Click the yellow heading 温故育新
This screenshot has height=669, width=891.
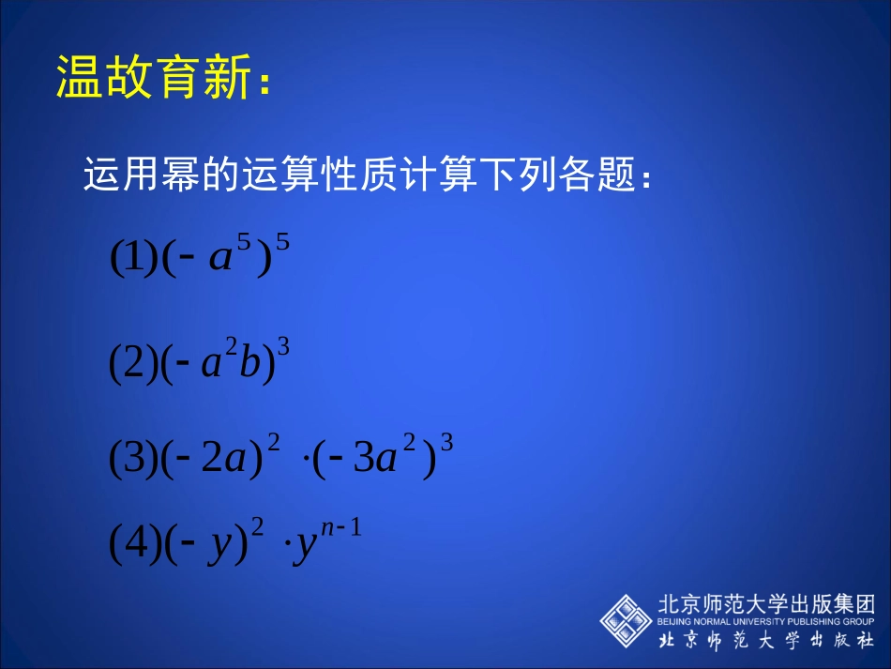click(x=155, y=77)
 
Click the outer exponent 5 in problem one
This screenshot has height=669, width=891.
click(x=282, y=244)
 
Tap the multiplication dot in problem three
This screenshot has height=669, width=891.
click(x=308, y=462)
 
